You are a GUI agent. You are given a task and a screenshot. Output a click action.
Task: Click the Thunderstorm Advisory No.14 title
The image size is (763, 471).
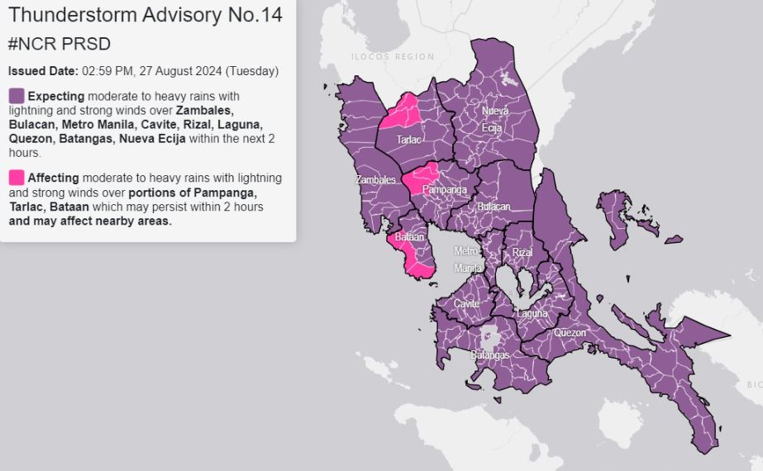145,15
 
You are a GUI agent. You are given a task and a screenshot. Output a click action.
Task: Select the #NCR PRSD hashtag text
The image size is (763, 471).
59,44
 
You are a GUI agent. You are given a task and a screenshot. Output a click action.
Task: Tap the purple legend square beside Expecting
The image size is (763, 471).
17,96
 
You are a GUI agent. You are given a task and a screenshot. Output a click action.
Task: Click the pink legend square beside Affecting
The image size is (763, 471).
17,178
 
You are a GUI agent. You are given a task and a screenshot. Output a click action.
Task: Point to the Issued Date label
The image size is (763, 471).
43,71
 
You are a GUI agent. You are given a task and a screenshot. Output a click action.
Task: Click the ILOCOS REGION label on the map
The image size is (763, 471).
392,57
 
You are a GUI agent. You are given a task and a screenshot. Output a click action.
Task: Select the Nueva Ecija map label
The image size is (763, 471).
493,119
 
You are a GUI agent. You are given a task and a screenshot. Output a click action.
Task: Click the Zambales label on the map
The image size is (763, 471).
375,179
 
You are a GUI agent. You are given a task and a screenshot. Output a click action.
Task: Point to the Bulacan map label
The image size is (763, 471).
493,206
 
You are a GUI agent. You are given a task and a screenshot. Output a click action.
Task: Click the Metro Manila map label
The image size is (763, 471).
467,259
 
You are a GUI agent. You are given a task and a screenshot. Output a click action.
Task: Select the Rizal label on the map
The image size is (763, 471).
522,252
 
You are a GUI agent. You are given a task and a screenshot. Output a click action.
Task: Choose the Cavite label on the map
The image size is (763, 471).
465,304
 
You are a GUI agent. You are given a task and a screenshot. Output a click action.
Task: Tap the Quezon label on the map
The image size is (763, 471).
570,333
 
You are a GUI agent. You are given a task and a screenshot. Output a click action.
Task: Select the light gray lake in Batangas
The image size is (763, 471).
490,337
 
